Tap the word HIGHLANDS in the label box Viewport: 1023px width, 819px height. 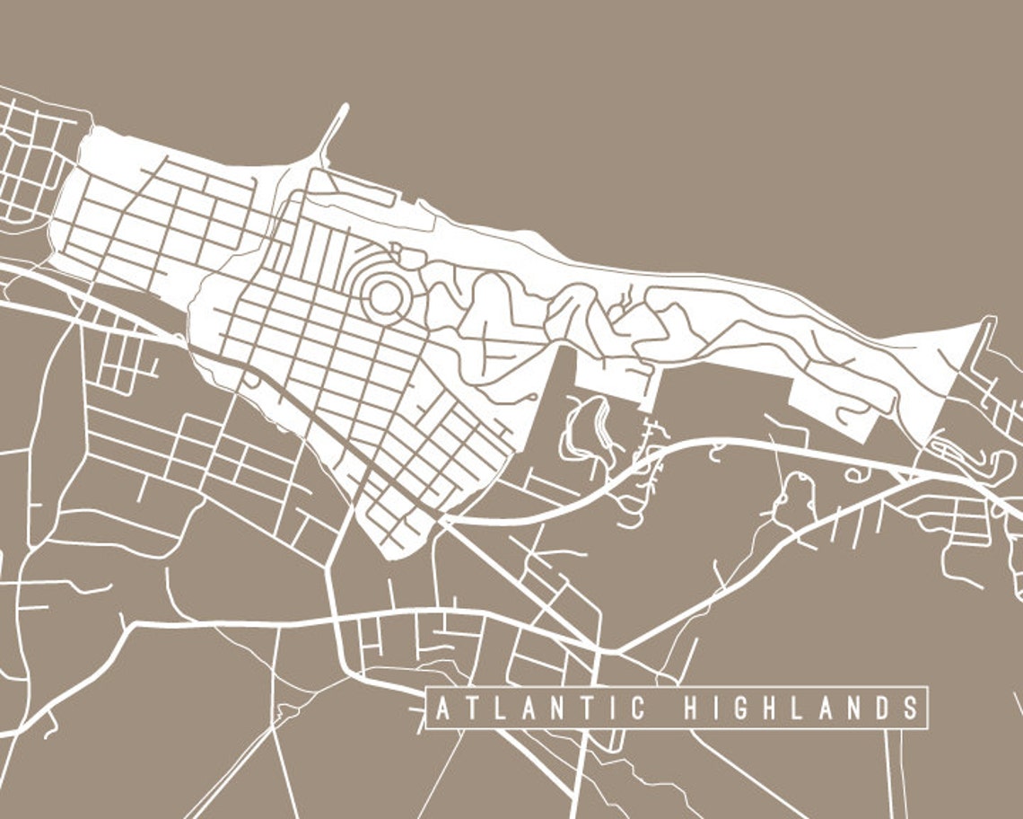(801, 709)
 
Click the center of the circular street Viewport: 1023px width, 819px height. (386, 297)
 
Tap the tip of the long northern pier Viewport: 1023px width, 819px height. (345, 107)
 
